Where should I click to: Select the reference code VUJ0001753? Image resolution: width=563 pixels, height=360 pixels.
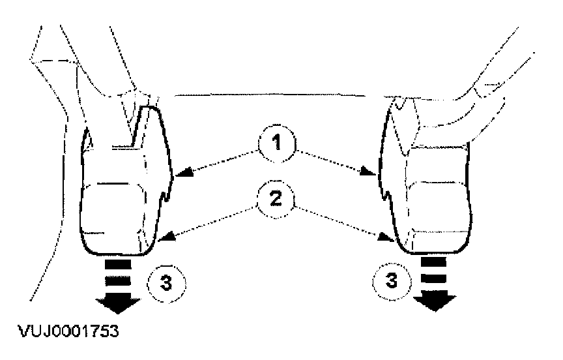(65, 331)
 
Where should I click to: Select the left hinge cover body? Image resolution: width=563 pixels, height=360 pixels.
(121, 202)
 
